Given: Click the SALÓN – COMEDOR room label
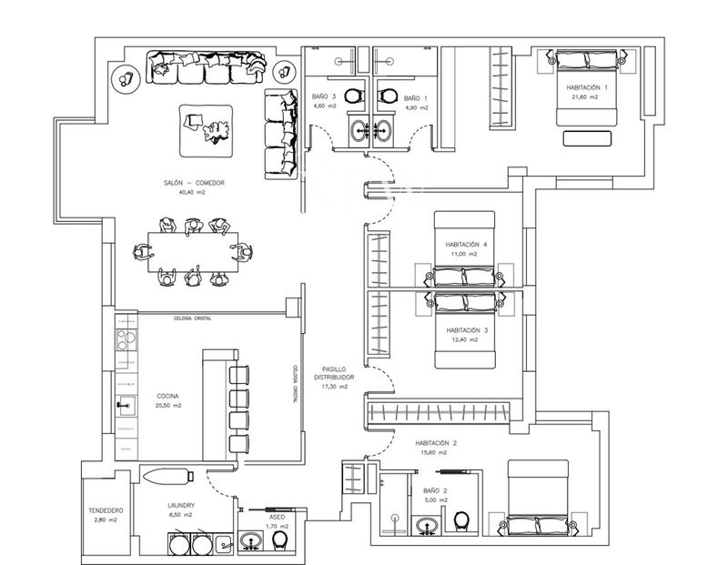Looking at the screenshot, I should coord(194,183).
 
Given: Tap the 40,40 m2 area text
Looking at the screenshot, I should coord(191,193).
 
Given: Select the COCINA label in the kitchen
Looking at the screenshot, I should coord(167,396).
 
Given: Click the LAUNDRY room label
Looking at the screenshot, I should coord(182,505).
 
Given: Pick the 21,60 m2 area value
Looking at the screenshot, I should coord(586,96).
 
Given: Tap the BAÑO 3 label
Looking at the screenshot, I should coord(324,96).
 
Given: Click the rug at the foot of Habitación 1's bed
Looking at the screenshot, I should coord(587,139).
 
